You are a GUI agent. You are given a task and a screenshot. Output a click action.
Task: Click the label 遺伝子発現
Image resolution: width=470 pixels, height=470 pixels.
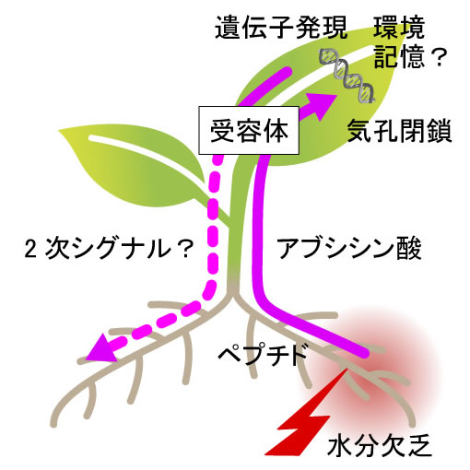click(x=281, y=28)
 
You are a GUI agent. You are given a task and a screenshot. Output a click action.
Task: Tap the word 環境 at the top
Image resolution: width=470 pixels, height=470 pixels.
click(x=399, y=28)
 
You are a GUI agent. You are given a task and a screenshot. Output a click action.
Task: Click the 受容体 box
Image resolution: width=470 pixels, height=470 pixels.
click(x=249, y=130)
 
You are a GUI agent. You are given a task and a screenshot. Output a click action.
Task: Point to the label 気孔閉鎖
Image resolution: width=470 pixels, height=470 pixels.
click(x=399, y=131)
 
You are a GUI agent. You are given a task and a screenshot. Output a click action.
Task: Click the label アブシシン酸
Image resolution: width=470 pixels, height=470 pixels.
click(x=349, y=248)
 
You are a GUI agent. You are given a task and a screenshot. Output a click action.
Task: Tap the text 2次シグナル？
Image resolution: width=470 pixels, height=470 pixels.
click(x=109, y=249)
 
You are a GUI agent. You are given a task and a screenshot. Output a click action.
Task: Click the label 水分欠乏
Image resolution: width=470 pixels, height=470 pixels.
click(x=380, y=445)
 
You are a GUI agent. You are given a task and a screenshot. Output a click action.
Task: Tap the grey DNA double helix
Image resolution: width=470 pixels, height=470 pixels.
click(x=347, y=76)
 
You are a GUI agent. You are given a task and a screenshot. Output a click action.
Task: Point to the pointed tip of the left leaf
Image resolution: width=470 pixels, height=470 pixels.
click(x=59, y=131)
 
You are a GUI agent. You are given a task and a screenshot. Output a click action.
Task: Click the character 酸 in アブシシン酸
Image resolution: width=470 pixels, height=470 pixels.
click(x=409, y=248)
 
